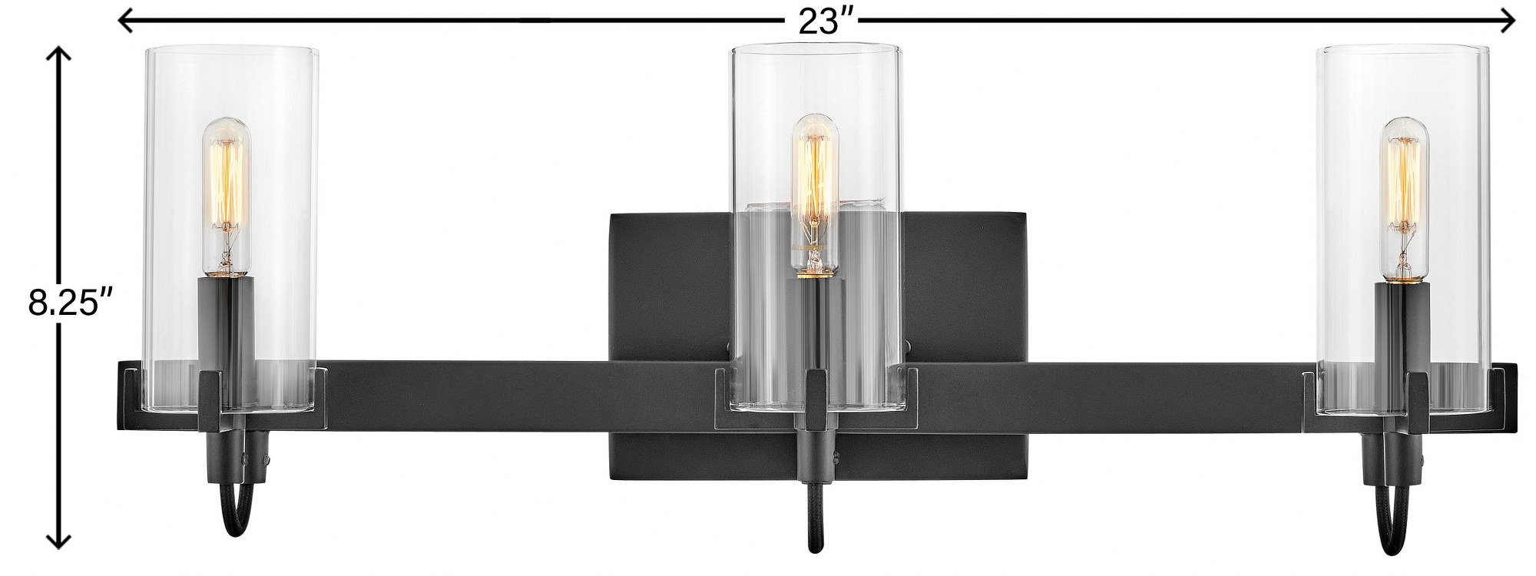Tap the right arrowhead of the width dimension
(x=1505, y=22)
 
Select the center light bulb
(x=813, y=195)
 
